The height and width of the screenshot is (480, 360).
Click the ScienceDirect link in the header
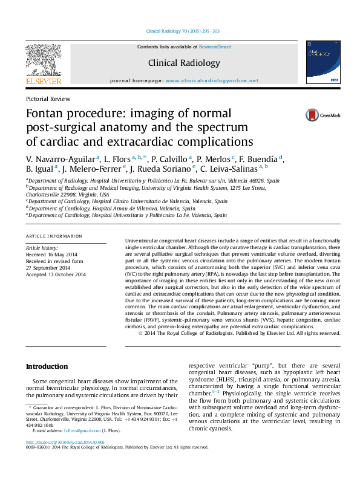point(215,47)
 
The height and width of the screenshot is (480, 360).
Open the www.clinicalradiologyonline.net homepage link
point(212,80)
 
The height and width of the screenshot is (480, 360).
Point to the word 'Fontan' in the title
point(47,114)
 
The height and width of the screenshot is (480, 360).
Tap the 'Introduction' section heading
point(47,366)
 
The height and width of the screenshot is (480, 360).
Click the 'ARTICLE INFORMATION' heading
point(54,236)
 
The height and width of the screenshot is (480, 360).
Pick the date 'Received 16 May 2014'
point(51,255)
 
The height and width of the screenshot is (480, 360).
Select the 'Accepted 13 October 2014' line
point(56,274)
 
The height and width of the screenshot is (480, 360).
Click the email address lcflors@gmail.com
point(83,430)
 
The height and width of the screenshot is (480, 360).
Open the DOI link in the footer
point(64,459)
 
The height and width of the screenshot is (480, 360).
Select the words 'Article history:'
point(42,248)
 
